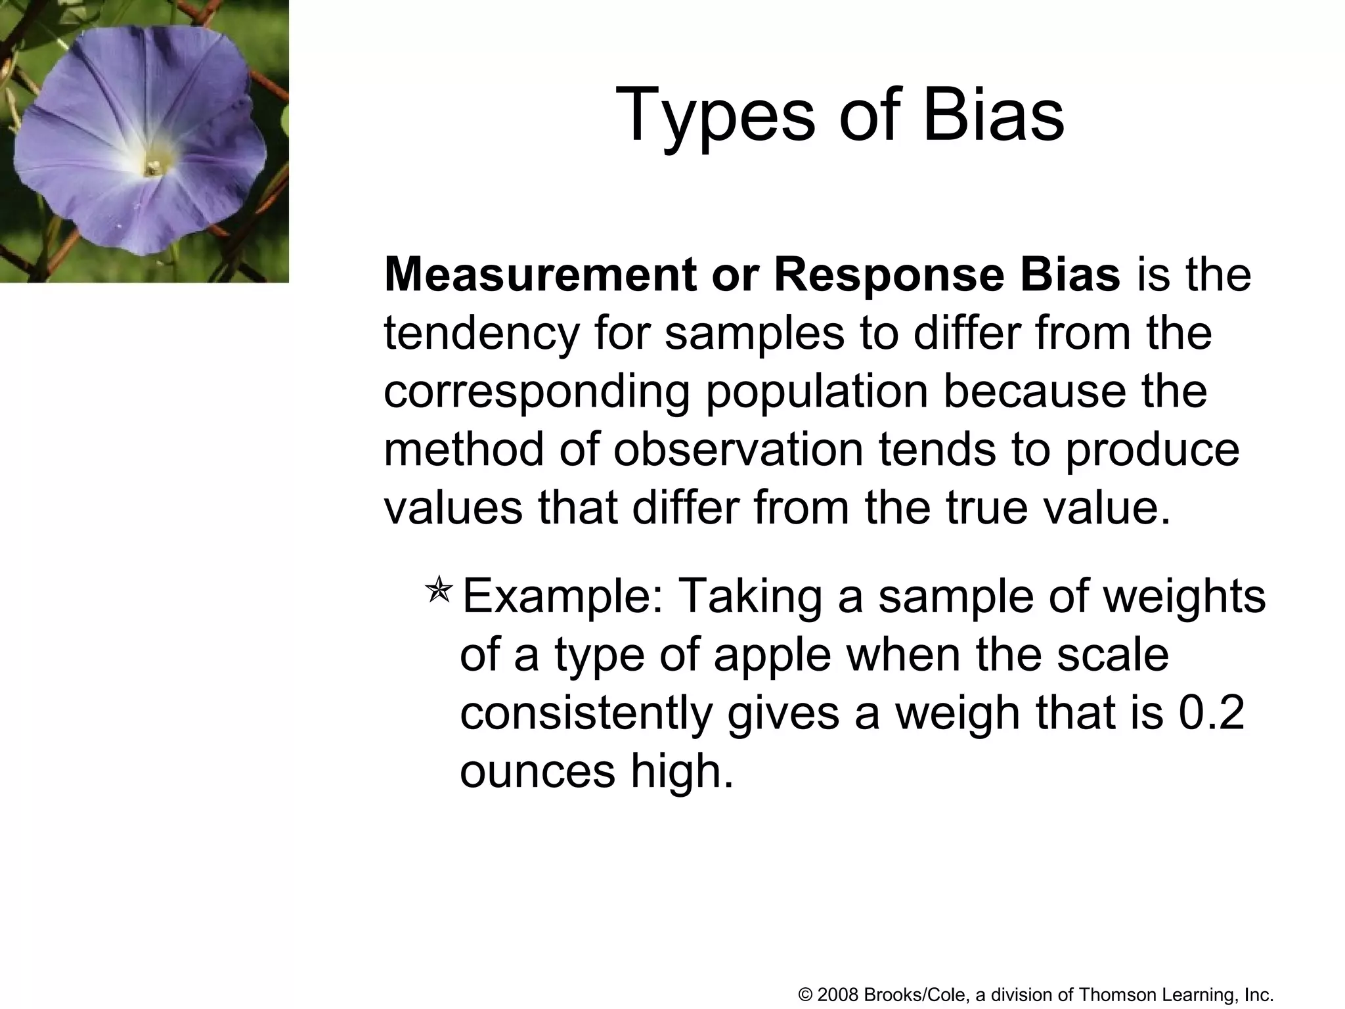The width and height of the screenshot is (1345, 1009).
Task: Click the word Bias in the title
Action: tap(993, 116)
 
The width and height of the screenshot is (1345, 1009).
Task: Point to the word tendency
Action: tap(481, 334)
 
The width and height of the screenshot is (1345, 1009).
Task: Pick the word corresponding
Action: tap(537, 393)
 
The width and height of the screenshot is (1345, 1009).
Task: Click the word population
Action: tap(816, 393)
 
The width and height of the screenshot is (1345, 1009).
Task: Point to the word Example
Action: tap(562, 596)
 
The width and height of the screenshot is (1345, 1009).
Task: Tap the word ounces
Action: tap(537, 771)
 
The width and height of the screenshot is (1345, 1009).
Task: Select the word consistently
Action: tap(585, 714)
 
